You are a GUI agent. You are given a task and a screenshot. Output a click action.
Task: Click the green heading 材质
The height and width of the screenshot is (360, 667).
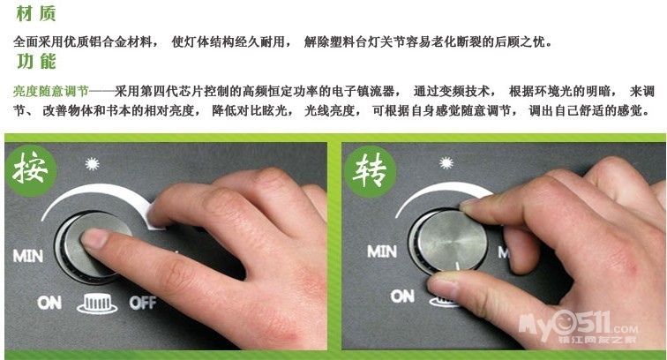pyautogui.click(x=35, y=13)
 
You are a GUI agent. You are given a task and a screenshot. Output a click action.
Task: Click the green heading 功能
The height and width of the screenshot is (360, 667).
pyautogui.click(x=36, y=61)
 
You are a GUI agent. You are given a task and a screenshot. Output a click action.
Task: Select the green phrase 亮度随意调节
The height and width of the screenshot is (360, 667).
pyautogui.click(x=51, y=91)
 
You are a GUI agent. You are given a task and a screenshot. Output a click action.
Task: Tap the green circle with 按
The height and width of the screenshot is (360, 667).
pyautogui.click(x=30, y=170)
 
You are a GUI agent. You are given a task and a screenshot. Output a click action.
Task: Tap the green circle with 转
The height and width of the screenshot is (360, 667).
pyautogui.click(x=370, y=171)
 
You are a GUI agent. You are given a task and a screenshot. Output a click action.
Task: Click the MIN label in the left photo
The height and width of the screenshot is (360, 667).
pyautogui.click(x=28, y=256)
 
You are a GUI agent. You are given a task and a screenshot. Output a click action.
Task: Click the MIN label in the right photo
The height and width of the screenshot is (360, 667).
pyautogui.click(x=382, y=251)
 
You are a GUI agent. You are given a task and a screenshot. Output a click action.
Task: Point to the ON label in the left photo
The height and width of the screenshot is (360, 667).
pyautogui.click(x=49, y=303)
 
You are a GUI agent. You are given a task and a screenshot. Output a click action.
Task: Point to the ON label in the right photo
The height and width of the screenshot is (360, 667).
pyautogui.click(x=402, y=296)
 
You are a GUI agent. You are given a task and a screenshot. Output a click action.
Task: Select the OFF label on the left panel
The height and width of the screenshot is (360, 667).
pyautogui.click(x=143, y=303)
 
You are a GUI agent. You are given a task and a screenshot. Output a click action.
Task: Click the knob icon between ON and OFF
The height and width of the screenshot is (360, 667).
pyautogui.click(x=97, y=304)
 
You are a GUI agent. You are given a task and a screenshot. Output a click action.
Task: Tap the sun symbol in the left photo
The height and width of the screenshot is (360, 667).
pyautogui.click(x=92, y=163)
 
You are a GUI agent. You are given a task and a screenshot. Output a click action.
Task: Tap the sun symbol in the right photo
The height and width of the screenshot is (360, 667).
pyautogui.click(x=446, y=162)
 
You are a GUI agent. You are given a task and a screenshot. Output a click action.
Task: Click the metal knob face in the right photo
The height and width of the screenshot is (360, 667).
pyautogui.click(x=452, y=241)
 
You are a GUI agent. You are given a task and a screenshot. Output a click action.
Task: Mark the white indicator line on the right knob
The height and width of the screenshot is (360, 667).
pyautogui.click(x=459, y=266)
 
